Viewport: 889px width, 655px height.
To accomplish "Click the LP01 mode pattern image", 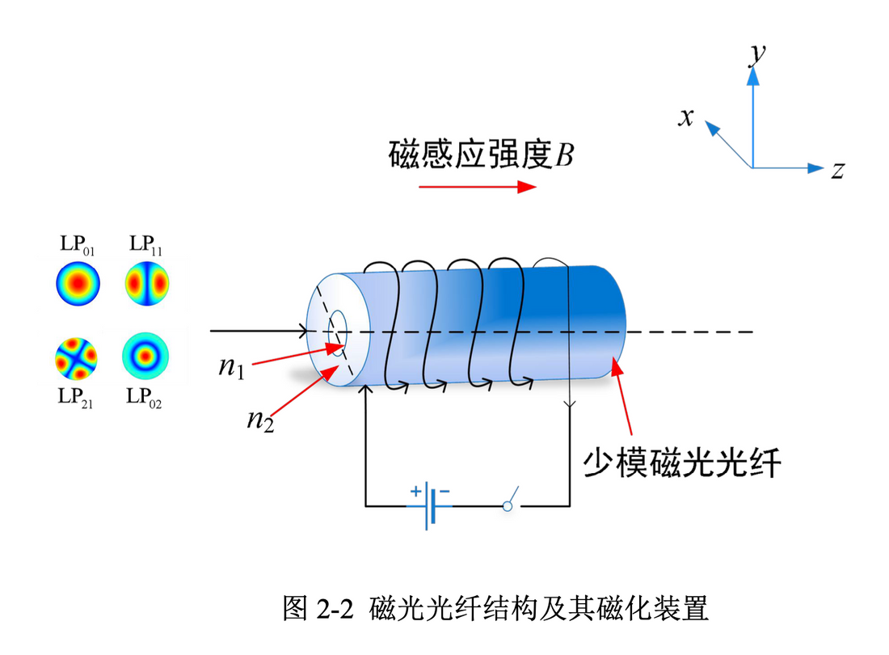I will point(78,284).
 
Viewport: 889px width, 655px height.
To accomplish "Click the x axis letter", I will point(687,117).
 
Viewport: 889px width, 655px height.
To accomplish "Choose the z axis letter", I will point(838,170).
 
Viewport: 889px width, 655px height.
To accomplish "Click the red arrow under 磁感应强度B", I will point(478,186).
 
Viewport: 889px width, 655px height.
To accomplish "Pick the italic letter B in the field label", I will point(563,154).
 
